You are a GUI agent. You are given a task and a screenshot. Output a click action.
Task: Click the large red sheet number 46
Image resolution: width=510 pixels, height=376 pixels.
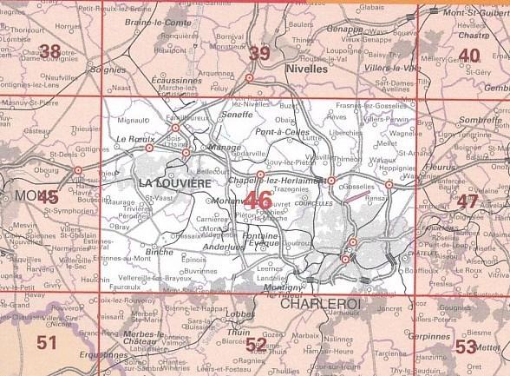coord(258,201)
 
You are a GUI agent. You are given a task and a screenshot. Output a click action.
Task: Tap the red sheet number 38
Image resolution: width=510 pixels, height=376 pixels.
coord(49,51)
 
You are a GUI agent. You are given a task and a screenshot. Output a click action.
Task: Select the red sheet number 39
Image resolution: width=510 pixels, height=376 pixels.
coord(258,54)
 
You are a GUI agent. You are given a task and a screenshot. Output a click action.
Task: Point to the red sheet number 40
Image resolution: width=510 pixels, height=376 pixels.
coord(469,56)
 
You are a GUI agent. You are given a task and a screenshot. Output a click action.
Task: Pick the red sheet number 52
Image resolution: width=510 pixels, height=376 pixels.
coord(256,346)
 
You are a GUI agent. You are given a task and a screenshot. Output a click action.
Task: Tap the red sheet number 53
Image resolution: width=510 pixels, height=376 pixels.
coord(466,347)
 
